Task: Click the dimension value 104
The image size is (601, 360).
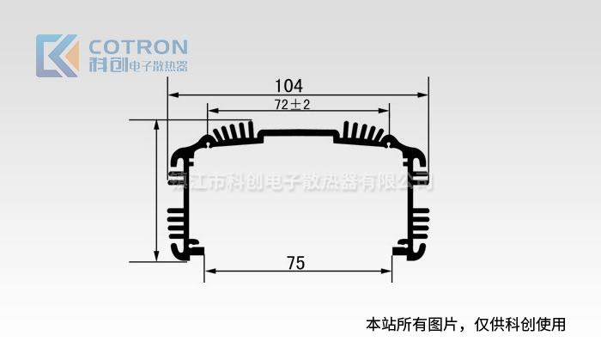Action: pos(288,86)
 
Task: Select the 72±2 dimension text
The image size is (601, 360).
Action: pos(292,105)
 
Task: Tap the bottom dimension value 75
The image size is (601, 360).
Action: pos(295,263)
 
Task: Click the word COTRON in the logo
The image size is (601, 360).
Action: pos(138,46)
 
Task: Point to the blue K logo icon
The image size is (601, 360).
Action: pos(57,56)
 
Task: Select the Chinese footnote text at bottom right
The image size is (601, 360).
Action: pos(466,325)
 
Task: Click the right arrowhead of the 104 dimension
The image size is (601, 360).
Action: pos(423,95)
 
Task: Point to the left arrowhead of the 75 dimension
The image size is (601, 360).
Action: pos(209,271)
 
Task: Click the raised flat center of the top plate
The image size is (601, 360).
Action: pos(298,134)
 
